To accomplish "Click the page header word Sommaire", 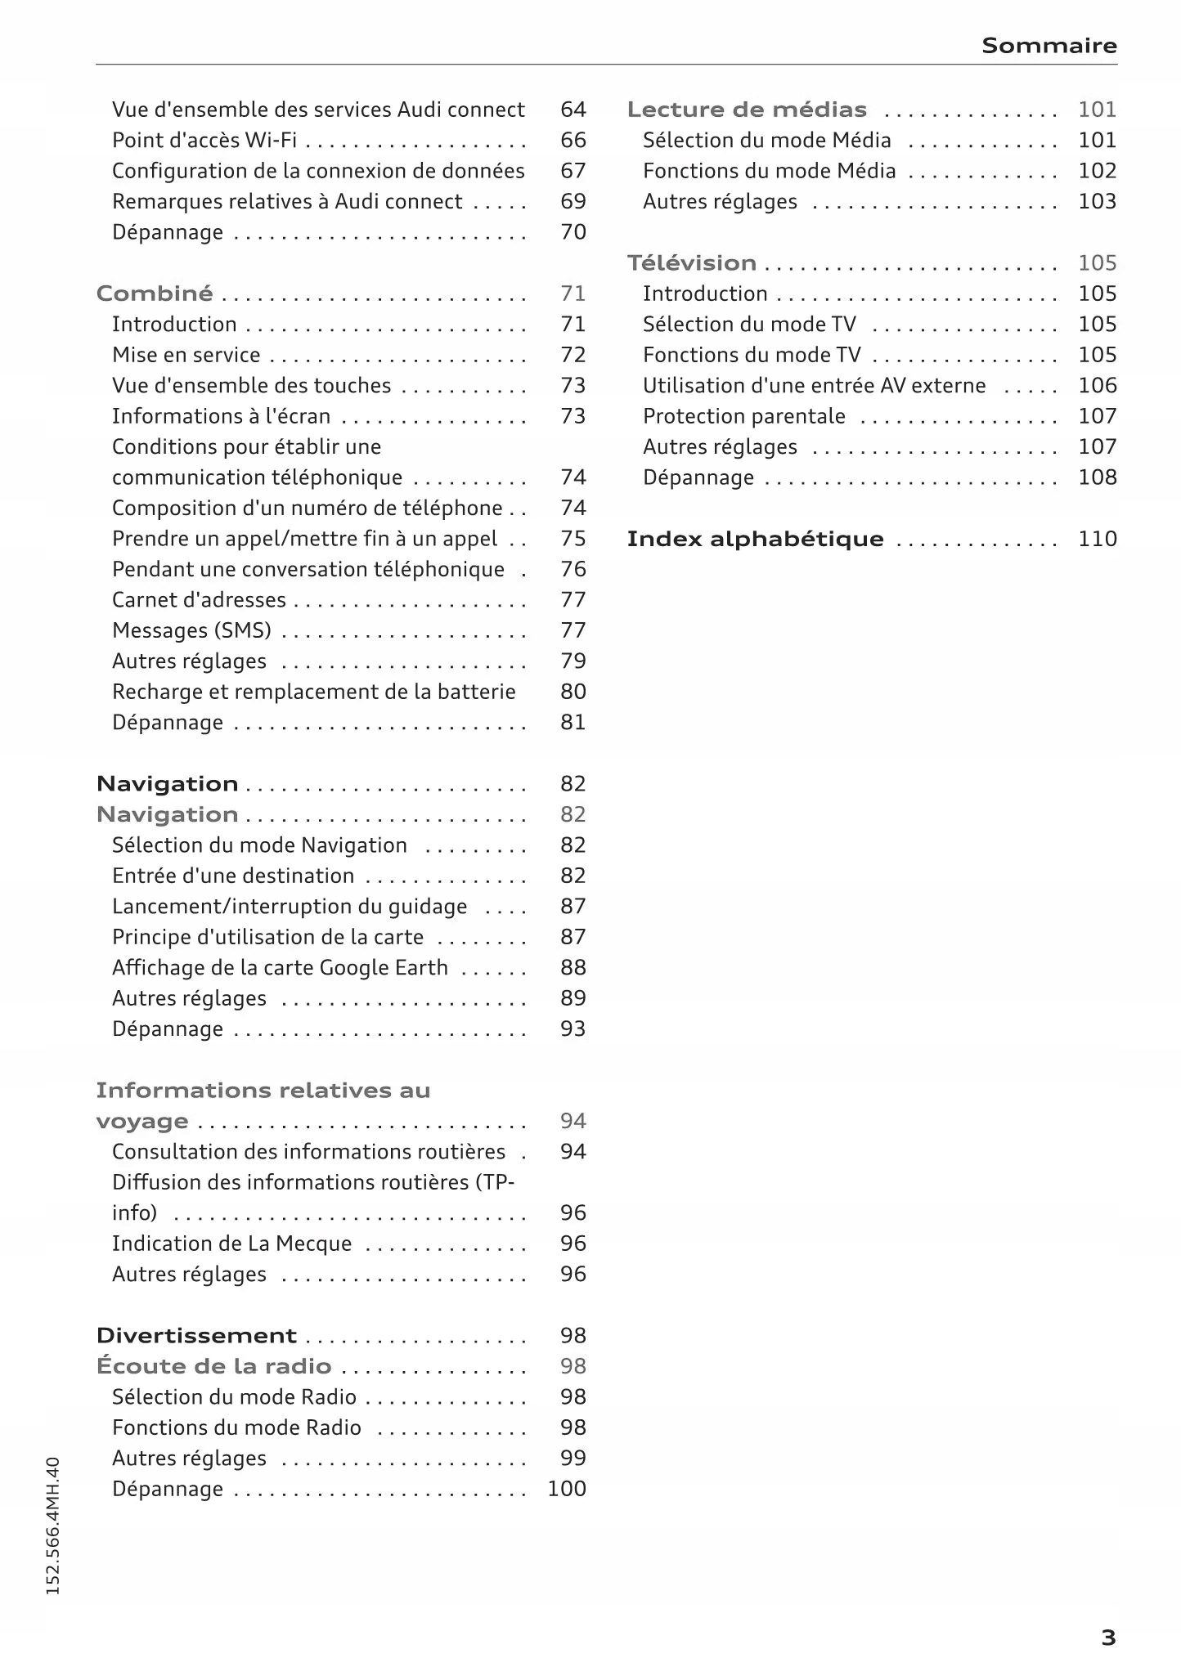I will (1049, 45).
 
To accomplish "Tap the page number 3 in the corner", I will (1108, 1638).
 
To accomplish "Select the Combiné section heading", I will (155, 294).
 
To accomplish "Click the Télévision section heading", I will (691, 263).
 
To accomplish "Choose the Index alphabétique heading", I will (754, 540).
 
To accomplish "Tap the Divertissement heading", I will (196, 1336).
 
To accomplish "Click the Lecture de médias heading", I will (746, 110).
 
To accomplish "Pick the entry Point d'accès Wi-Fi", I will (204, 141).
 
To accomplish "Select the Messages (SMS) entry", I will (191, 631).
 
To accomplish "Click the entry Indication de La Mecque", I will (231, 1244).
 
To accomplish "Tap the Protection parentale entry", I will (743, 416).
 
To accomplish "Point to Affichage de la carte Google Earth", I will (280, 968).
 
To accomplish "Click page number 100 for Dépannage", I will (567, 1489).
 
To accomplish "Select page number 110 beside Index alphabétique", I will (1097, 540).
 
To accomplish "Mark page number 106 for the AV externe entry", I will (1097, 386).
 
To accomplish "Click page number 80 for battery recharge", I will (573, 692).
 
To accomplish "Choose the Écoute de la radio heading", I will (213, 1366).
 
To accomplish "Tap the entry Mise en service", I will (186, 355).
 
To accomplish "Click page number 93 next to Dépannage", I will (573, 1029).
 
